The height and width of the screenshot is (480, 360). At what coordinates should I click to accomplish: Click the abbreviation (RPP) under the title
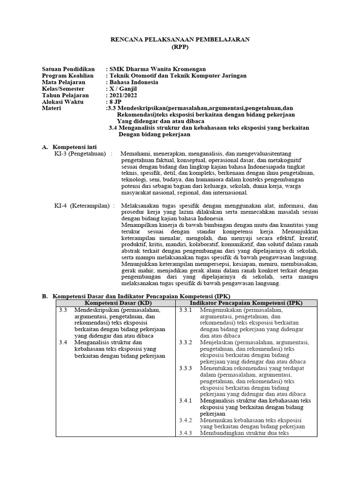click(x=180, y=47)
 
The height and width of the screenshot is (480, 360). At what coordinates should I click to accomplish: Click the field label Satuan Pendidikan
click(x=68, y=69)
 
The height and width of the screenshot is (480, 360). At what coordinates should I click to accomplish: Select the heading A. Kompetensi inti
click(x=75, y=147)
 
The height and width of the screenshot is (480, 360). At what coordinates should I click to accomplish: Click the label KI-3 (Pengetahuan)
click(x=80, y=154)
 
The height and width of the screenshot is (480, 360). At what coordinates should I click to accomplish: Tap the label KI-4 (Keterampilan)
click(x=82, y=205)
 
